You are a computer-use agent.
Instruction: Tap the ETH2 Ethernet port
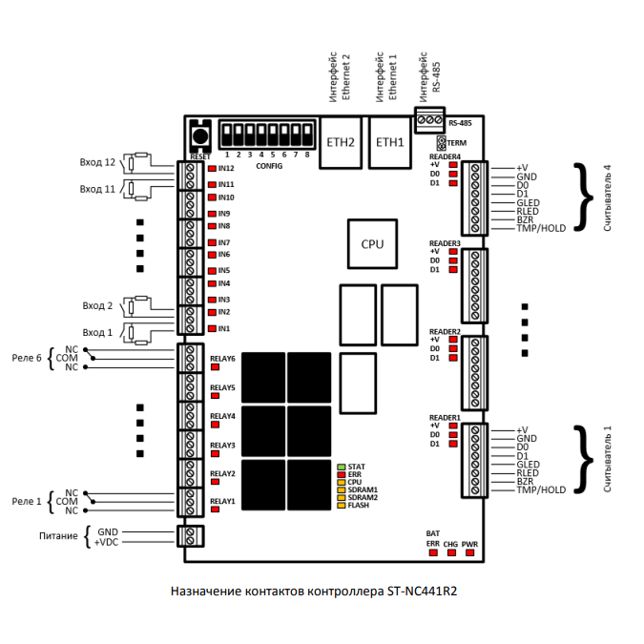pyautogui.click(x=341, y=142)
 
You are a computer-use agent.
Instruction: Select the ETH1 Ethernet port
pyautogui.click(x=389, y=142)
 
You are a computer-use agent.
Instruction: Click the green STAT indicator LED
pyautogui.click(x=341, y=466)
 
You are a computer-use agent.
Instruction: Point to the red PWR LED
pyautogui.click(x=469, y=552)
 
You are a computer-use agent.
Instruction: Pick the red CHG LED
pyautogui.click(x=451, y=552)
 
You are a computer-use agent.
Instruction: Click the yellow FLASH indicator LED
pyautogui.click(x=341, y=505)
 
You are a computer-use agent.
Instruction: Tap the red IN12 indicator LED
pyautogui.click(x=212, y=168)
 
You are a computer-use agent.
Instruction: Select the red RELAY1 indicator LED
pyautogui.click(x=216, y=510)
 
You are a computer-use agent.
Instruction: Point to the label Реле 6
pyautogui.click(x=26, y=358)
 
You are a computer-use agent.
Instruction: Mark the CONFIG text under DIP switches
pyautogui.click(x=269, y=165)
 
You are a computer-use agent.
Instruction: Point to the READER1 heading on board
pyautogui.click(x=445, y=417)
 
